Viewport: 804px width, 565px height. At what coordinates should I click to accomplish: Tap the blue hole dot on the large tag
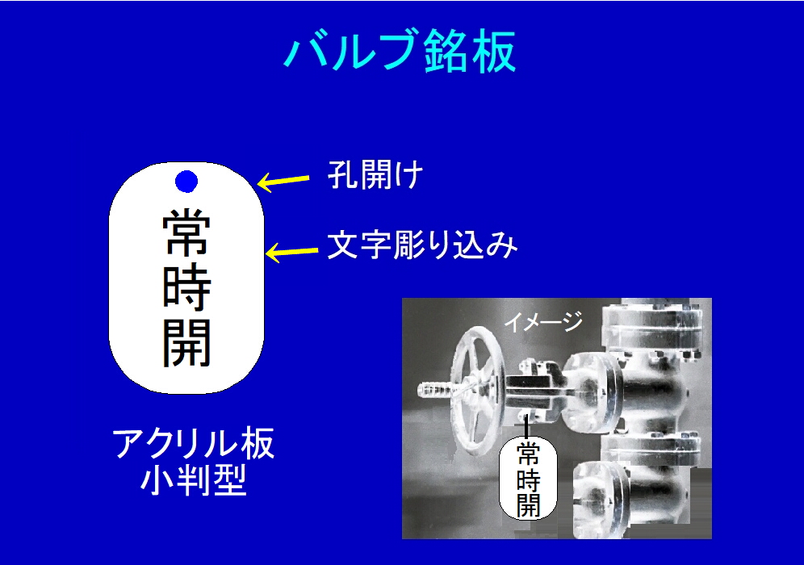186,182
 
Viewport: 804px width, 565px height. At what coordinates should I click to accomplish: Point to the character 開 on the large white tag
186,342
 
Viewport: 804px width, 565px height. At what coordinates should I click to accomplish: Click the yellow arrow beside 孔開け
283,181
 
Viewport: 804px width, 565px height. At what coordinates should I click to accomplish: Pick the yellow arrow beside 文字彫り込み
292,252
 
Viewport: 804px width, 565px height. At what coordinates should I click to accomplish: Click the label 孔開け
375,175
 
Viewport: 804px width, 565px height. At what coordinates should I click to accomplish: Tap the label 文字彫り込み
422,245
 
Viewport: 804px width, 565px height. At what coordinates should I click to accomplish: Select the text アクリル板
193,443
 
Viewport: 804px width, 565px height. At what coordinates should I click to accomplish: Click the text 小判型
193,480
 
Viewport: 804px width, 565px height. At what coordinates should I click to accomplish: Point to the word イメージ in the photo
543,321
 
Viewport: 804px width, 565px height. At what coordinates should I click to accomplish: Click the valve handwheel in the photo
478,389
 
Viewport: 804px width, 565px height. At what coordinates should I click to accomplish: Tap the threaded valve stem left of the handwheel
436,390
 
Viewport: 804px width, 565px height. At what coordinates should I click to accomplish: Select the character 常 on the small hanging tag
528,453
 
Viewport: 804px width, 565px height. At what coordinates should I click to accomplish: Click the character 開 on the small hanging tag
528,504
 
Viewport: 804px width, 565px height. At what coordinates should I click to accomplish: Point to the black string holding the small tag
526,426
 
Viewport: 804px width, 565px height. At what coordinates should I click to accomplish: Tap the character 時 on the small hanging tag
528,479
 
